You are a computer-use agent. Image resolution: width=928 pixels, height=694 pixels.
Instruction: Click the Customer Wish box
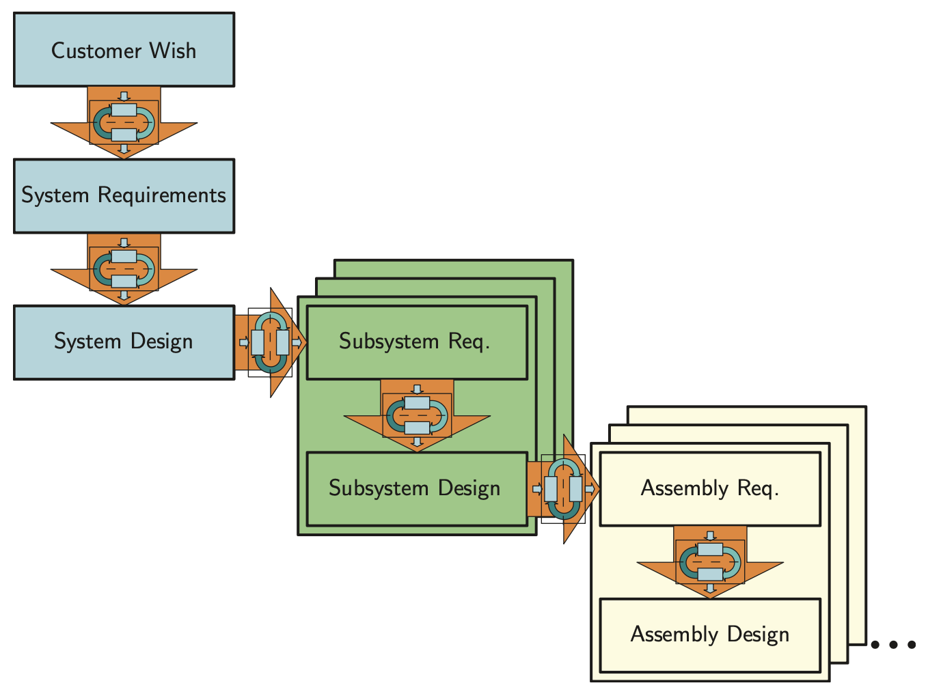point(124,49)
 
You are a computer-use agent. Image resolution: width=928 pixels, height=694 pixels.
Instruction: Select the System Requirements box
point(124,196)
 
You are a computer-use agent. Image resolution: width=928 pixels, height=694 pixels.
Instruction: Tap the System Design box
point(124,342)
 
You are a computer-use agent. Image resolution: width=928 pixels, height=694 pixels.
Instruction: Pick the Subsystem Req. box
point(417,342)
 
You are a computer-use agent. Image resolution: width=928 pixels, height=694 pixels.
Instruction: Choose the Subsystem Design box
point(417,489)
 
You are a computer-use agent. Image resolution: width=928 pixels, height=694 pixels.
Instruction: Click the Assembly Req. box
point(710,489)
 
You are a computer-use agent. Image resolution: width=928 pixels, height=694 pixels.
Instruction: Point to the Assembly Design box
point(710,635)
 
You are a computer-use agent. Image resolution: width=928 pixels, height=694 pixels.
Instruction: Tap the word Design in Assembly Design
point(758,635)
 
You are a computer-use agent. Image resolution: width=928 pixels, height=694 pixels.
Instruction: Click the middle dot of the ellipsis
point(893,644)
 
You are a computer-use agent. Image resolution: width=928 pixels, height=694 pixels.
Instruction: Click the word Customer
point(96,51)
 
